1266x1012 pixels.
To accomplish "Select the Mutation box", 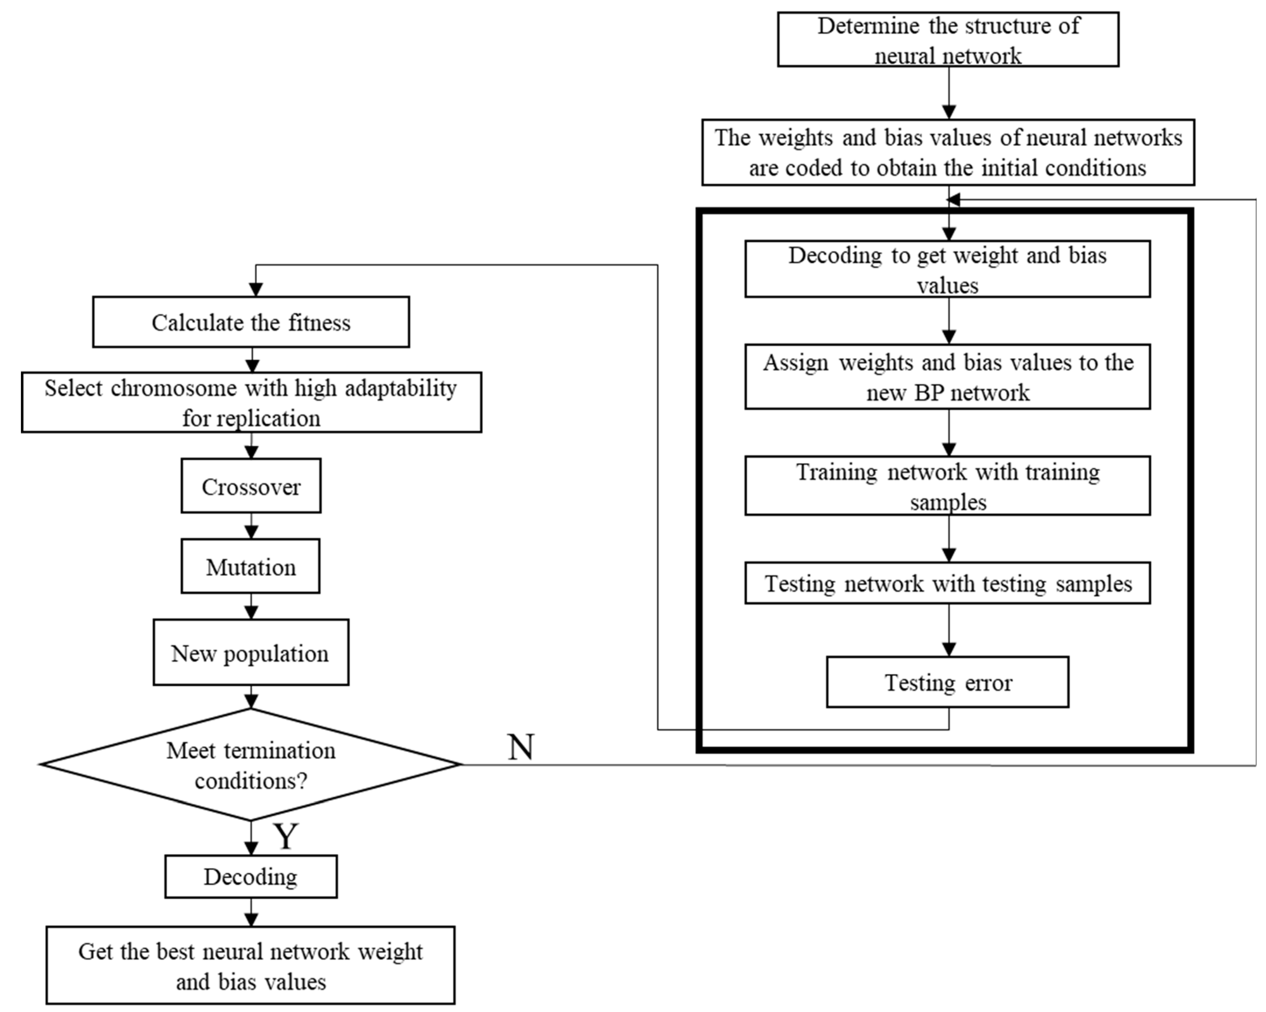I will (251, 567).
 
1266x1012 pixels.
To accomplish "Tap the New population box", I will (251, 653).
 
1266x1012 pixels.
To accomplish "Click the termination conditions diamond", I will (251, 765).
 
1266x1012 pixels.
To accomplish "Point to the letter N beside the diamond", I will (520, 748).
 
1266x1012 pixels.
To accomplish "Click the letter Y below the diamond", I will (286, 836).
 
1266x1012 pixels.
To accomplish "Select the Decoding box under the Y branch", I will (251, 876).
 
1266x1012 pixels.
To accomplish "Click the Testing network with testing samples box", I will (948, 584).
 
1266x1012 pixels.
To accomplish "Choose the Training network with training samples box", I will (948, 486).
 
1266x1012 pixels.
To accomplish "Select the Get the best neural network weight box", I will (251, 966).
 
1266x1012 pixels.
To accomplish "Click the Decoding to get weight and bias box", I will (948, 269).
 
